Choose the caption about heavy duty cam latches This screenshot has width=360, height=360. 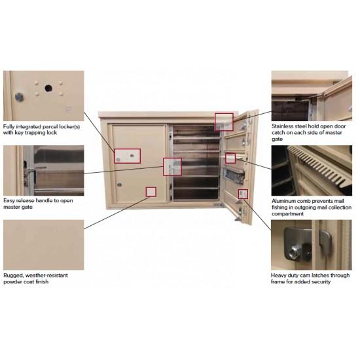coord(310,278)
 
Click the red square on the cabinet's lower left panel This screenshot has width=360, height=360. coord(151,192)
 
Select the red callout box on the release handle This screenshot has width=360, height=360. coord(172,167)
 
